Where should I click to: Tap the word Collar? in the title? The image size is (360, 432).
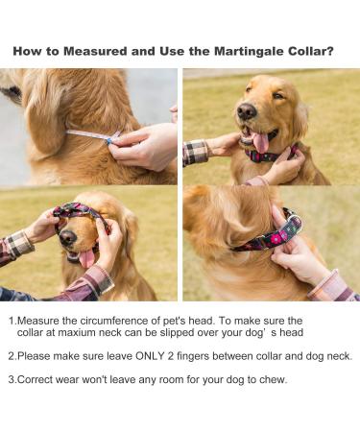pyautogui.click(x=312, y=51)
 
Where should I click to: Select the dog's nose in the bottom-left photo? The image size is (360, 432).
pyautogui.click(x=67, y=236)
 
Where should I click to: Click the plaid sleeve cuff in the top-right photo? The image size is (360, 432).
pyautogui.click(x=197, y=152)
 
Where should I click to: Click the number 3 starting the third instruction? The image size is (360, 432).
pyautogui.click(x=11, y=378)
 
